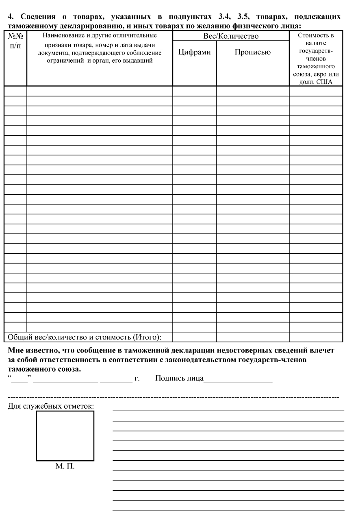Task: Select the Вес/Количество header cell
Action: [x=231, y=37]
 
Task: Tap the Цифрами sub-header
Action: [x=194, y=52]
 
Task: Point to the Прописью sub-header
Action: [x=252, y=52]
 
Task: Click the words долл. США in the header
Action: [x=316, y=81]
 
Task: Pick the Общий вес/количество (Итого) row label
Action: [x=85, y=337]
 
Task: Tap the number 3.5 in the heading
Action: [x=247, y=17]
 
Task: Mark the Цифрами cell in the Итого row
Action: [x=194, y=337]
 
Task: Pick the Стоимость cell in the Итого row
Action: [x=316, y=337]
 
